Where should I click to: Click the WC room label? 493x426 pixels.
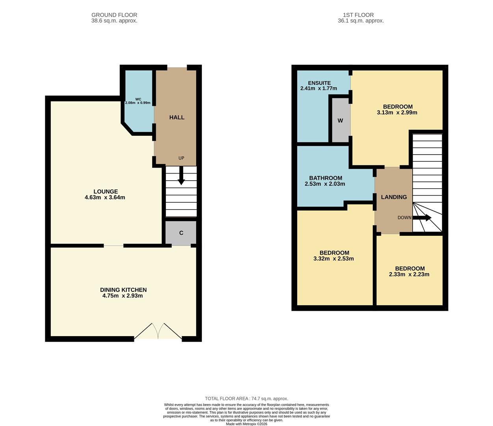pos(138,99)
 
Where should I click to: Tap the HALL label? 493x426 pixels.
pos(177,117)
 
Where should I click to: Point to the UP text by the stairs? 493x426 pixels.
pos(181,158)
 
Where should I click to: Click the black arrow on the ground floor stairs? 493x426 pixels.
pos(181,176)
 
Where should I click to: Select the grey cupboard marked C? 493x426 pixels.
pos(181,233)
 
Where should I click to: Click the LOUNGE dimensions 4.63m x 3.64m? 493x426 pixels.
pos(105,197)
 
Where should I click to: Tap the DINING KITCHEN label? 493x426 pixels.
pos(123,290)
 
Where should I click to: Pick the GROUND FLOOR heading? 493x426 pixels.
pos(114,15)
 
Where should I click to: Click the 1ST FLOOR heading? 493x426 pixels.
pos(358,15)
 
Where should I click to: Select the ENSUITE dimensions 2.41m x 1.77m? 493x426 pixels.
pos(319,88)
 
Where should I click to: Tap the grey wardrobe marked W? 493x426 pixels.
pos(340,120)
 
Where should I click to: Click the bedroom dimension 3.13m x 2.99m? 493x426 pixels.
pos(397,112)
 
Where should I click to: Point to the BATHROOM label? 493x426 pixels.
pos(326,178)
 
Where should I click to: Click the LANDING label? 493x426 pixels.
pos(394,197)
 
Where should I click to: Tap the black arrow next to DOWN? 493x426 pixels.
pos(422,218)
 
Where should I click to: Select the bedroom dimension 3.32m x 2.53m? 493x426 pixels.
pos(333,259)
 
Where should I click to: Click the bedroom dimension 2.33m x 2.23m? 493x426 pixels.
pos(409,275)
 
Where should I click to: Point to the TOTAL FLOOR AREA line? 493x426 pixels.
pos(247,398)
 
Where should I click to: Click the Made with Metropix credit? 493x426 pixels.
pos(247,424)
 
